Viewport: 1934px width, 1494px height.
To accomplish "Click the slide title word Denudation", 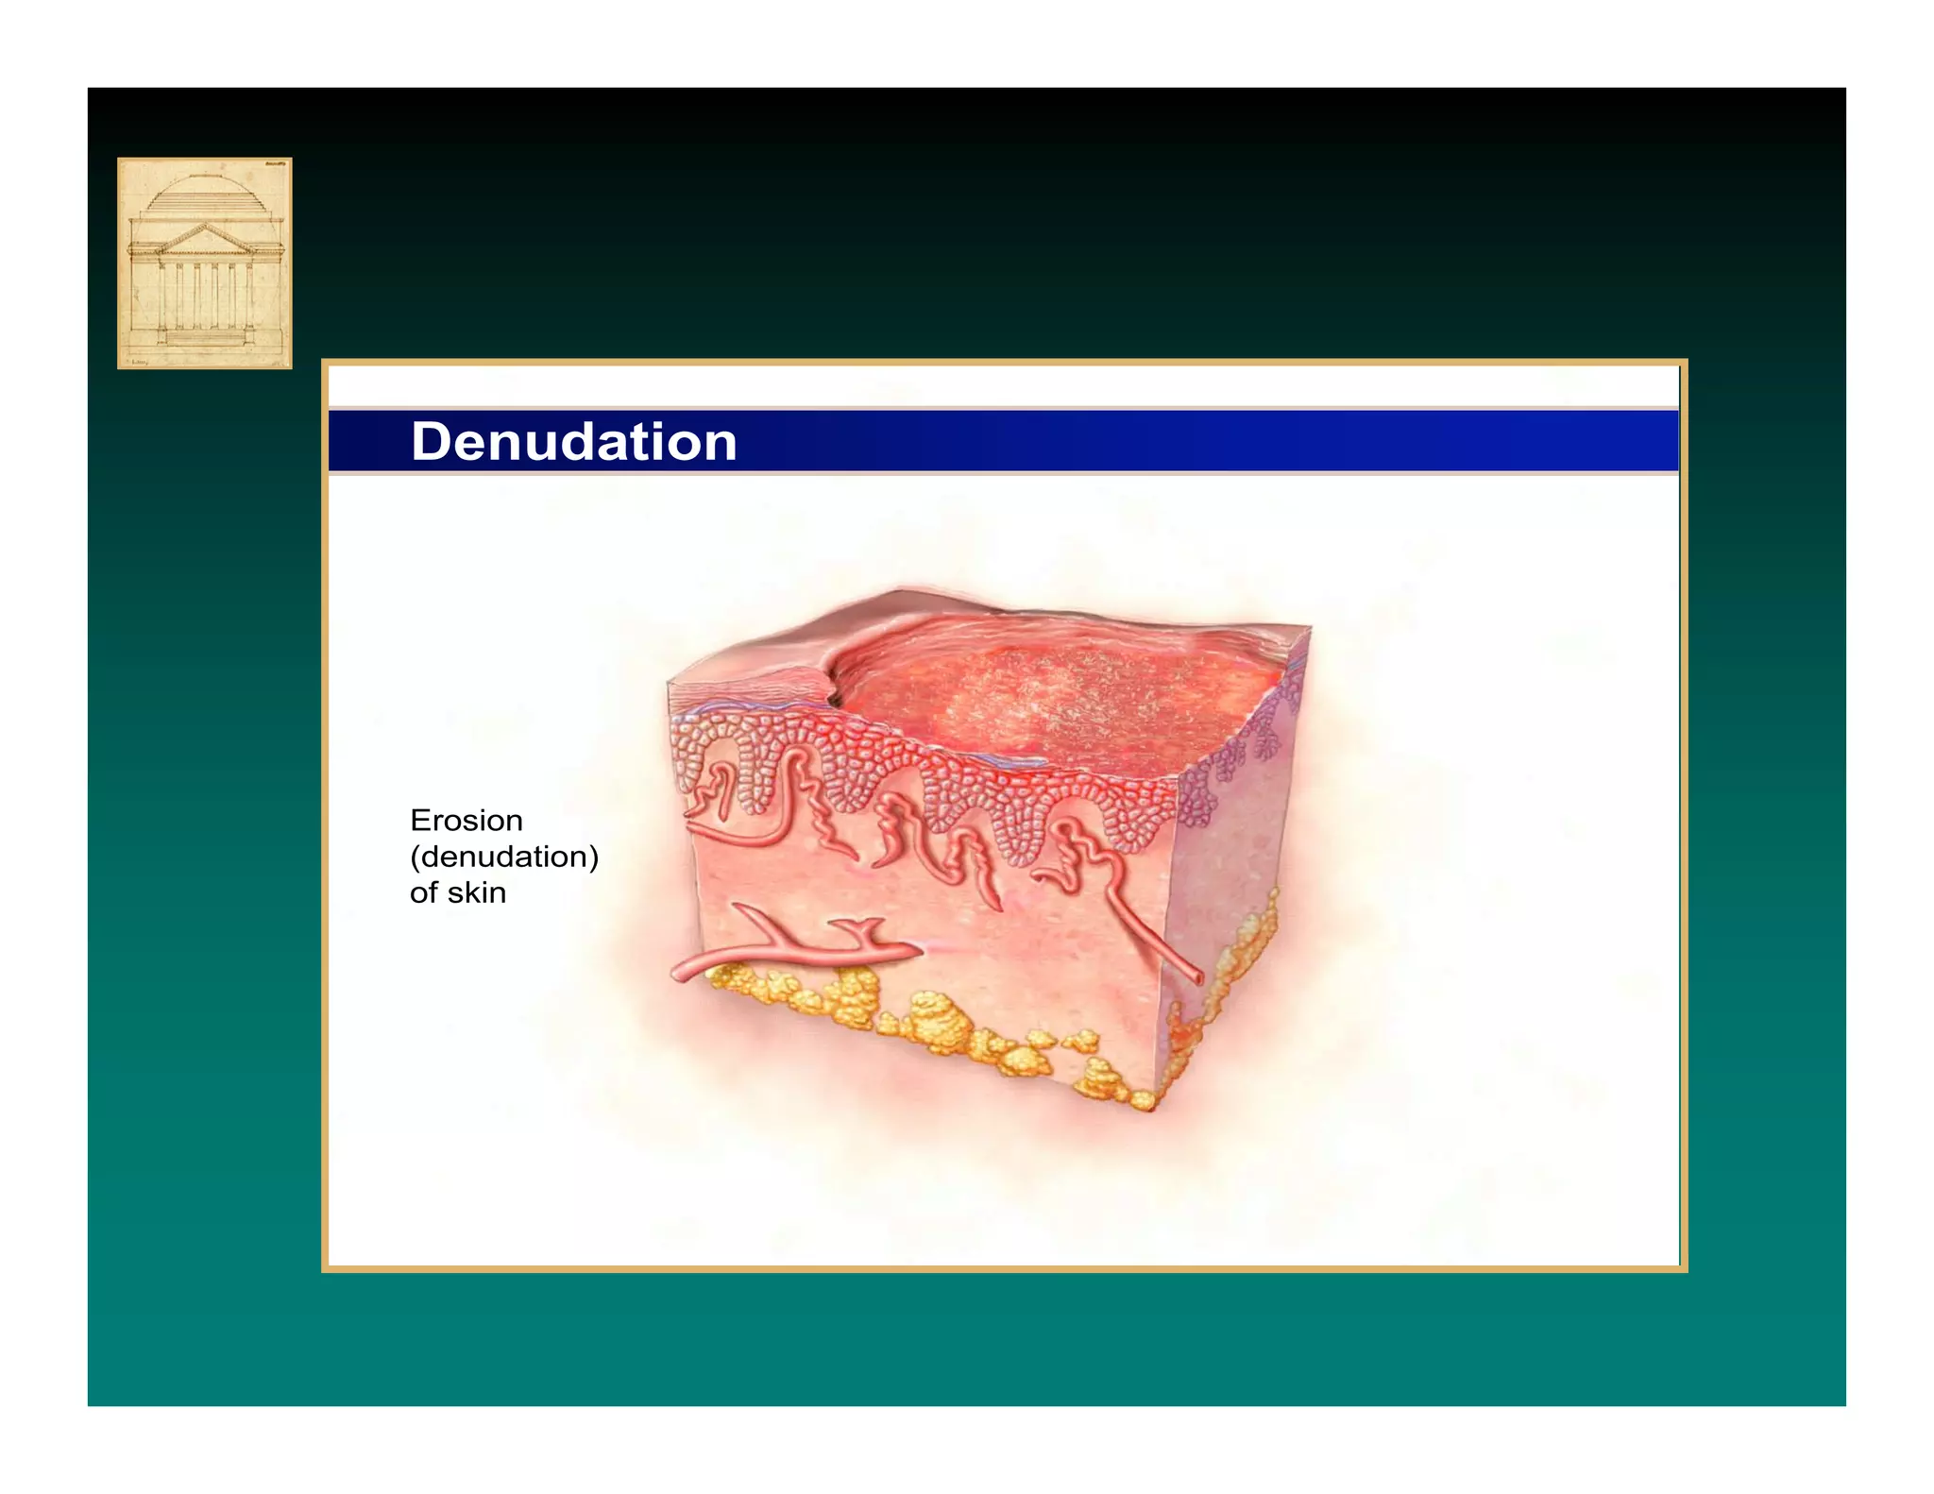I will coord(573,442).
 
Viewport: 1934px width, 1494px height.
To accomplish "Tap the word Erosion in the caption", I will coord(466,821).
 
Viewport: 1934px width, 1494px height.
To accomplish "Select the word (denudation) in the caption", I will coord(503,857).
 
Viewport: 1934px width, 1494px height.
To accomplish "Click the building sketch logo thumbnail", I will coord(204,263).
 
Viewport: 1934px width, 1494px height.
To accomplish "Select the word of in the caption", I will coord(423,892).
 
